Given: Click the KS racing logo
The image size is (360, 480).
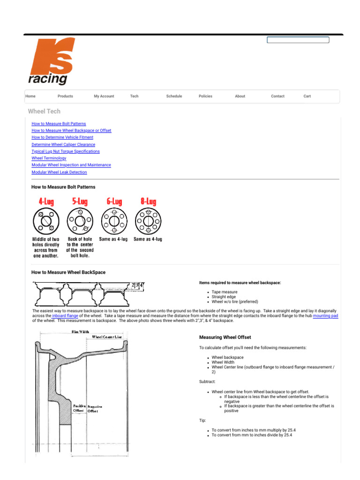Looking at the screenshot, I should click(50, 62).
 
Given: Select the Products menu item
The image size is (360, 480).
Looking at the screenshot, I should click(65, 96).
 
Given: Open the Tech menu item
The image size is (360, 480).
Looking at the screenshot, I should click(134, 96).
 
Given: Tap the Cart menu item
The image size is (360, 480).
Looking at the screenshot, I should click(307, 96).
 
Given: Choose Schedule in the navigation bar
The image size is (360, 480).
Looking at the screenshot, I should click(174, 96).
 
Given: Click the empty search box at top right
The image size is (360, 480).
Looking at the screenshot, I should click(298, 40).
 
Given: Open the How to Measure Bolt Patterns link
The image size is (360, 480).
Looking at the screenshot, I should click(59, 124).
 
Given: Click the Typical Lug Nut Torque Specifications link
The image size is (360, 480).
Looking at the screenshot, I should click(65, 151).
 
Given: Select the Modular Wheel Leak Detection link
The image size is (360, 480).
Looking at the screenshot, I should click(59, 172).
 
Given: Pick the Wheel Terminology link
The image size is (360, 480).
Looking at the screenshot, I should click(49, 158).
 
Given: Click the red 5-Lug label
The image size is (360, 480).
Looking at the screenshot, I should click(80, 201).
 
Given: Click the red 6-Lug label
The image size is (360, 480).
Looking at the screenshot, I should click(114, 201).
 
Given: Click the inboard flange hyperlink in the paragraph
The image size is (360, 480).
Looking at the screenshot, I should click(65, 316).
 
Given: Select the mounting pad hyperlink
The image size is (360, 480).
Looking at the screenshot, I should click(325, 316).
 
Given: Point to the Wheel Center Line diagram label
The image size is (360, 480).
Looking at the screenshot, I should click(107, 337).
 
